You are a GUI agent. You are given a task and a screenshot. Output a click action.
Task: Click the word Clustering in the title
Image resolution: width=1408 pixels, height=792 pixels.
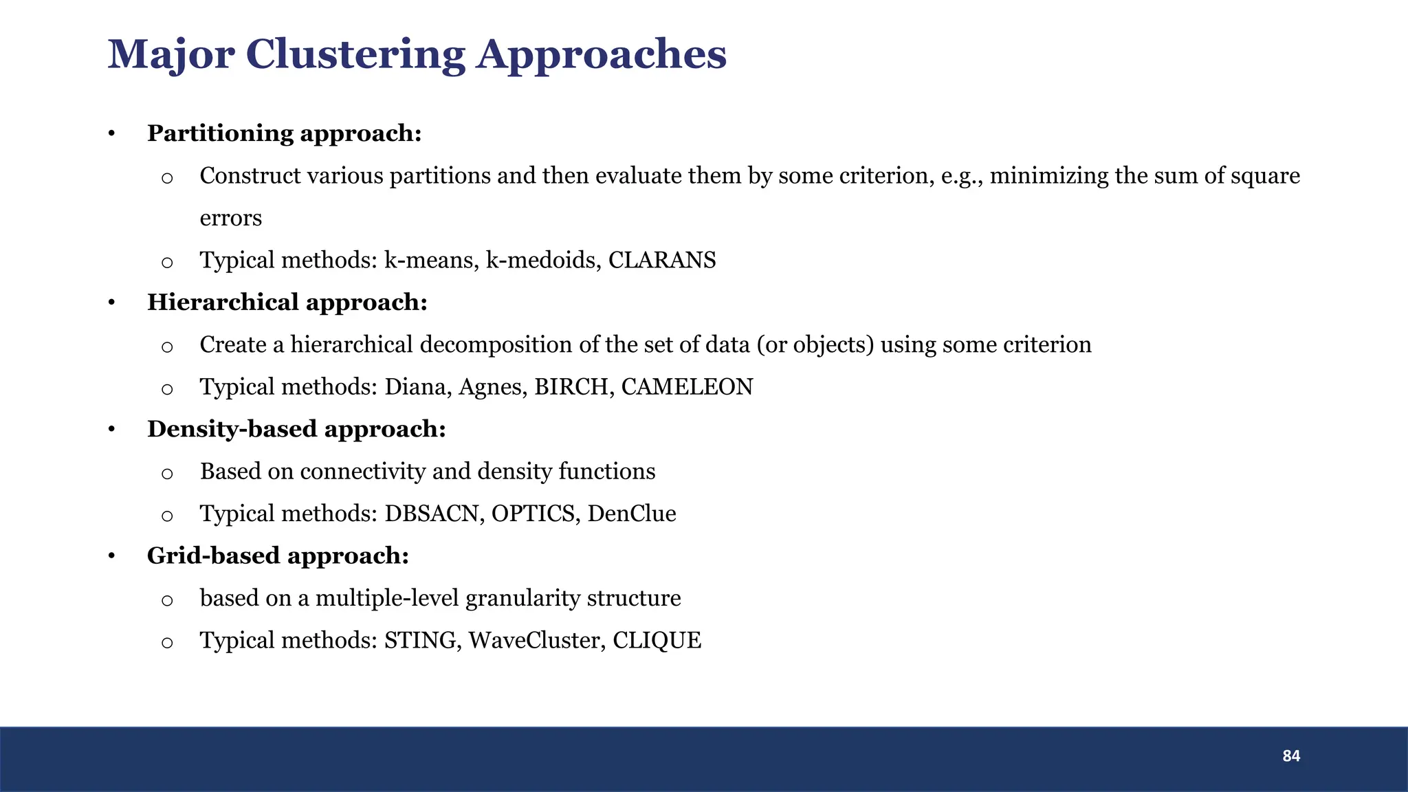point(355,55)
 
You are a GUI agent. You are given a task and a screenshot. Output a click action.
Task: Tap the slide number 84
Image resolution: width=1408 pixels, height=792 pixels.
point(1291,756)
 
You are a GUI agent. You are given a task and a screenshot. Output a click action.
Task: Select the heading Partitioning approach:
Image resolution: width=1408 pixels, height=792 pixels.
point(284,133)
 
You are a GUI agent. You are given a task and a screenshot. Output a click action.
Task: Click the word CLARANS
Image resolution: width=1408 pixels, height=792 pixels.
point(662,261)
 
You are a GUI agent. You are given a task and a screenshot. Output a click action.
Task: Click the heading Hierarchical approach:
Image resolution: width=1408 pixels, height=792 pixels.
point(287,302)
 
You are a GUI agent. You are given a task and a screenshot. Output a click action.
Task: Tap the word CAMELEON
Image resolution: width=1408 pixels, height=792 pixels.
point(687,387)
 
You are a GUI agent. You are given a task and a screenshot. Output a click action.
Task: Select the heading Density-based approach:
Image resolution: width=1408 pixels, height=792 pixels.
point(296,429)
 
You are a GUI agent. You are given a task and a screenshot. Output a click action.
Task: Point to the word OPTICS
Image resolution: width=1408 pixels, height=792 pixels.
point(533,514)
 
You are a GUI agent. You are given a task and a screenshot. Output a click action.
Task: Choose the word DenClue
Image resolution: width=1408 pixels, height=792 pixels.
point(632,514)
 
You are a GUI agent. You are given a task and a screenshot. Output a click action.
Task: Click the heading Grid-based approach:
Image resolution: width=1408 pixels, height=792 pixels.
point(278,555)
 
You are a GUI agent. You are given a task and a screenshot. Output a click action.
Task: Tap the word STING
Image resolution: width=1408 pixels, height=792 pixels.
point(421,641)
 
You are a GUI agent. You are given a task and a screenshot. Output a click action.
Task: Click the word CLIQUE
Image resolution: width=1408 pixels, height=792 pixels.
point(657,641)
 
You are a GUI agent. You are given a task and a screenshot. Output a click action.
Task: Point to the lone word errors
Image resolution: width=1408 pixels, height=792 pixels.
point(230,219)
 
